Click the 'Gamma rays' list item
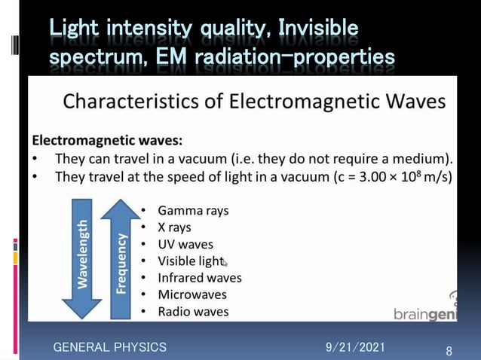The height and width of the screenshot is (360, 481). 192,210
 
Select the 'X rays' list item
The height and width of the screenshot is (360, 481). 174,227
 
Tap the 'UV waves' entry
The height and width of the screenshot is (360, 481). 185,244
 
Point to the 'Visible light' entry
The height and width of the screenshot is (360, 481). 191,261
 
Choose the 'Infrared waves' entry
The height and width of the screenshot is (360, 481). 199,277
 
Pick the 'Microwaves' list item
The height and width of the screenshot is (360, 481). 191,294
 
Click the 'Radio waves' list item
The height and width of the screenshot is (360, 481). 193,311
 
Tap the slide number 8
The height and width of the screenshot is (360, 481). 449,352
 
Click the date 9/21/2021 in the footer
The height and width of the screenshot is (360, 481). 355,346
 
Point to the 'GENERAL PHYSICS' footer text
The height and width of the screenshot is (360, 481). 109,347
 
